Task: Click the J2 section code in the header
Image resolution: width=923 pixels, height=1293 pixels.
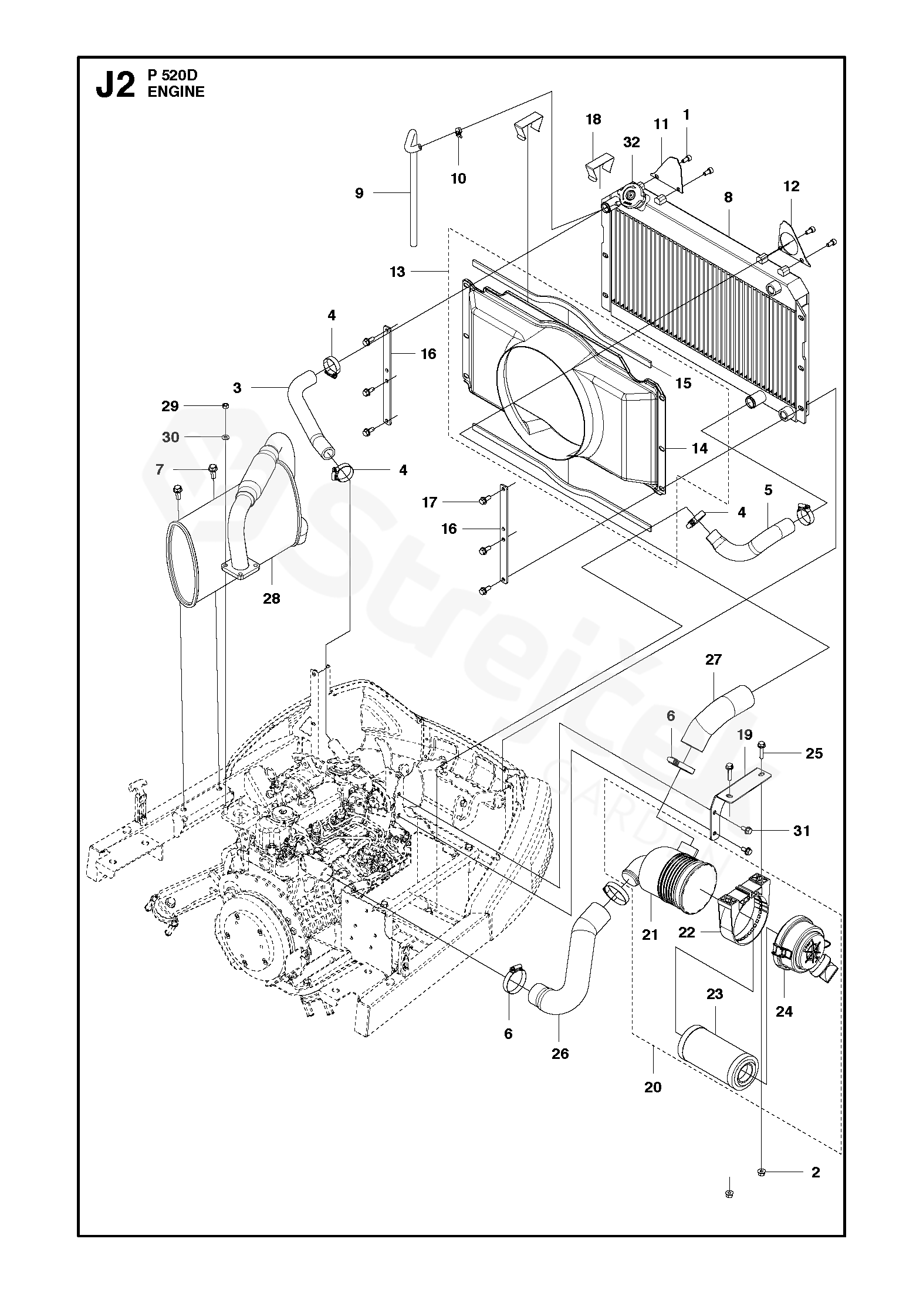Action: coord(115,84)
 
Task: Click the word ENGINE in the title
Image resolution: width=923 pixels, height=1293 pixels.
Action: coord(177,92)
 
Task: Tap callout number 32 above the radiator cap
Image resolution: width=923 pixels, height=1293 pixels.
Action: coord(631,143)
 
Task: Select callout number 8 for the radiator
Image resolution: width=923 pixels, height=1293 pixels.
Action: coord(728,197)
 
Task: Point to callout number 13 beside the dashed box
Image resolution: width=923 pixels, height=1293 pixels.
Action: coord(397,272)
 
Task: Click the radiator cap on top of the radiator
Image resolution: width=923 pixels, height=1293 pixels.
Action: coord(633,193)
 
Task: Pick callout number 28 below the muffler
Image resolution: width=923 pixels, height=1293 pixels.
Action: coord(272,599)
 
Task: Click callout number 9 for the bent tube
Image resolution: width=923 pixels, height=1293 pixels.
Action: coord(359,193)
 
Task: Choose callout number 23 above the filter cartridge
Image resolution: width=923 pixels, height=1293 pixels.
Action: coord(715,994)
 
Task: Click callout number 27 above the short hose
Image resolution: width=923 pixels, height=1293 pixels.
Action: coord(713,659)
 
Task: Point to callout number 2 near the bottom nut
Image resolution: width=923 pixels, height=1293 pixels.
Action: coord(815,1172)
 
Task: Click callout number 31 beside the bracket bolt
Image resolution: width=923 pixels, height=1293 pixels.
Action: coord(802,831)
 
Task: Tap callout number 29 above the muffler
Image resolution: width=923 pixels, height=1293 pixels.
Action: coord(170,406)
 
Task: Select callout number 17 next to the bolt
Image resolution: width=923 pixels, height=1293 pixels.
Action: coord(430,502)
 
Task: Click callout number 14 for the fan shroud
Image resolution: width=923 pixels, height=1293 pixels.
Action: coord(699,448)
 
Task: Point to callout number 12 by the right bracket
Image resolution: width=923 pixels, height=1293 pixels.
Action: coord(791,187)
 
